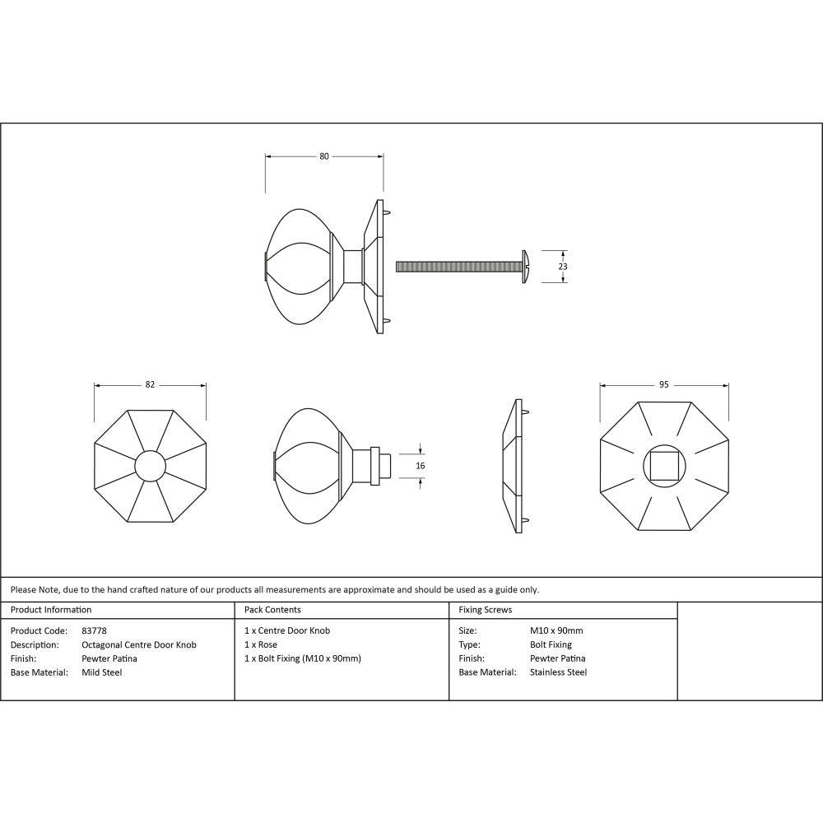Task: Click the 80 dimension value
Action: (324, 156)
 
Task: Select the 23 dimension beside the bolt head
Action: (563, 267)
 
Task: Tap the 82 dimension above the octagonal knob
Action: (150, 384)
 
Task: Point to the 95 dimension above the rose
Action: (664, 384)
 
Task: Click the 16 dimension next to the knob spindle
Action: (421, 466)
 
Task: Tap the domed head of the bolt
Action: (524, 267)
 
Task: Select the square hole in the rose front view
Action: (664, 467)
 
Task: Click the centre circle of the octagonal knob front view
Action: (150, 467)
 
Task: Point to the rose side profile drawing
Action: (513, 467)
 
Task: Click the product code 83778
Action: (95, 630)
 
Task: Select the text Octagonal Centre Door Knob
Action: (139, 644)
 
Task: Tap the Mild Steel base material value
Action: (102, 672)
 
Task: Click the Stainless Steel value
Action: (558, 672)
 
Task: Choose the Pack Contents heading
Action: (272, 610)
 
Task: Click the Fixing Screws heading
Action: (485, 610)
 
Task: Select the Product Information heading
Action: (51, 610)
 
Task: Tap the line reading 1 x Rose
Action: (261, 644)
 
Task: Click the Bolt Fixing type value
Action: (551, 644)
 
